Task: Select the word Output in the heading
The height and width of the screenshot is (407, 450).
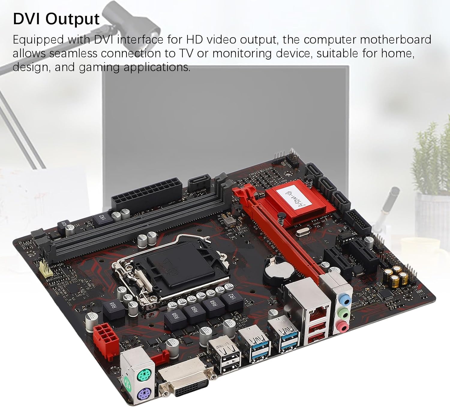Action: point(73,19)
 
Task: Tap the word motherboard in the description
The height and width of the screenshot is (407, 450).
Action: point(395,40)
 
